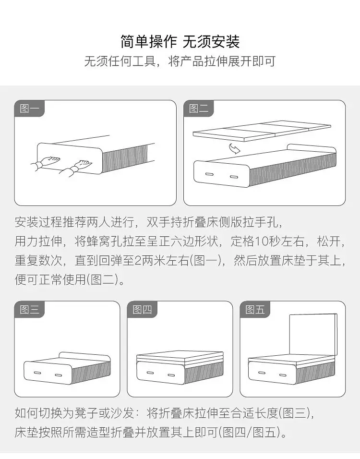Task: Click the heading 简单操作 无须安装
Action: [x=180, y=42]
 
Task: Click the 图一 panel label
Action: [x=29, y=109]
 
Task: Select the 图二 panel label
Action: [x=199, y=109]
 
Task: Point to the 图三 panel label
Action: [x=29, y=310]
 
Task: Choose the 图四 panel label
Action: [x=142, y=310]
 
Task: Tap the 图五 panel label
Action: [x=255, y=310]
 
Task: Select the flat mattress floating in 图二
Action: [x=262, y=130]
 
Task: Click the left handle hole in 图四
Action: [x=150, y=373]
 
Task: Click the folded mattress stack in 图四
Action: [x=180, y=357]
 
